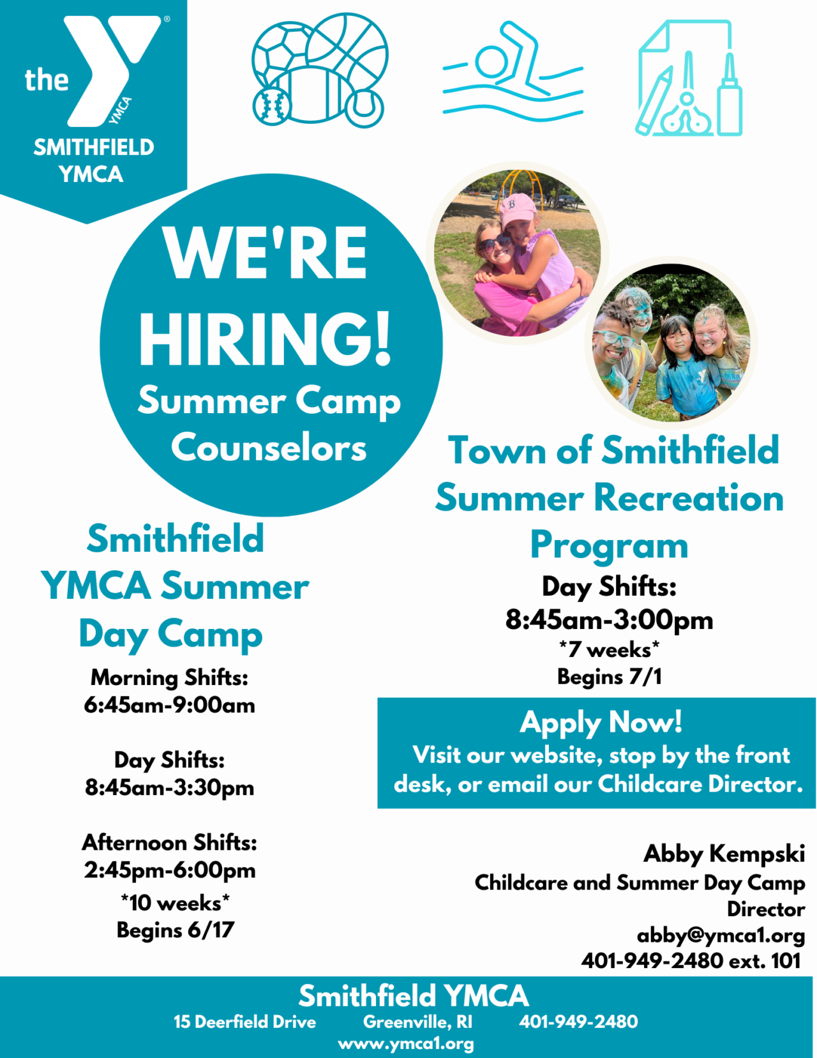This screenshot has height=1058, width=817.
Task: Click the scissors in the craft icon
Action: point(687,102)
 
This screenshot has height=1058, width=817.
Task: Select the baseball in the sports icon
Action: point(272,105)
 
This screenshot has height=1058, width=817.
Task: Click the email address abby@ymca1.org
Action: point(721,935)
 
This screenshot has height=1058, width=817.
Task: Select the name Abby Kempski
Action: point(724,854)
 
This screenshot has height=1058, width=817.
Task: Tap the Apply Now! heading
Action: point(601,722)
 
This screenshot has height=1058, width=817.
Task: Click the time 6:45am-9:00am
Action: point(170,706)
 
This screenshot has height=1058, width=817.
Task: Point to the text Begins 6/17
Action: point(176,930)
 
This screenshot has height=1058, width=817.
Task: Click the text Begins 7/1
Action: point(609,677)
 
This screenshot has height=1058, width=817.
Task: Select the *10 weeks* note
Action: point(176,903)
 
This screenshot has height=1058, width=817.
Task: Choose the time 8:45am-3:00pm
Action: point(609,619)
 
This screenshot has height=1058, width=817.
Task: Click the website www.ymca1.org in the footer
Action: point(406,1044)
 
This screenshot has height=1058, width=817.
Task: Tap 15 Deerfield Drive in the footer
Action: point(244,1022)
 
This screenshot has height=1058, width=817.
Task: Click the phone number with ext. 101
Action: point(691,960)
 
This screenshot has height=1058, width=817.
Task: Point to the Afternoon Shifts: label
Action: point(170,843)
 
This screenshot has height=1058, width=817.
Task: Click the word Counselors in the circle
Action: point(269,447)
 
